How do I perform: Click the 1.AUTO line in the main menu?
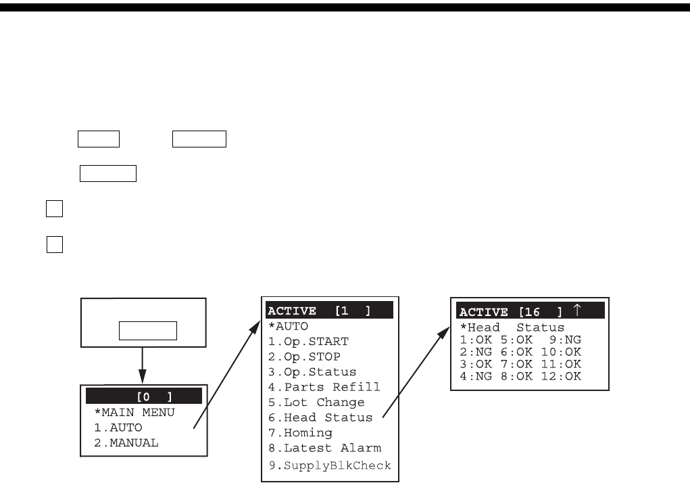(x=118, y=428)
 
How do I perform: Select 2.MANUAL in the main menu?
(x=126, y=443)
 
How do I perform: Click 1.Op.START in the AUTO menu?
(x=308, y=341)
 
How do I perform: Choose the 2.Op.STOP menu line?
(x=304, y=356)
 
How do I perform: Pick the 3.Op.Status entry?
(x=312, y=372)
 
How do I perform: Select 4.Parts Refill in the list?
(x=324, y=387)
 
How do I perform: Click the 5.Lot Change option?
(x=316, y=402)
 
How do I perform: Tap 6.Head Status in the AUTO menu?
(x=320, y=418)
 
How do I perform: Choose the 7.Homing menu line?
(x=300, y=433)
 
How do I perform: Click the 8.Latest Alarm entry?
(x=324, y=448)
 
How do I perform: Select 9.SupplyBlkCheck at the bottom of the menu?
(x=329, y=465)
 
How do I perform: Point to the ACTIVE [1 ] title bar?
(x=329, y=310)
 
